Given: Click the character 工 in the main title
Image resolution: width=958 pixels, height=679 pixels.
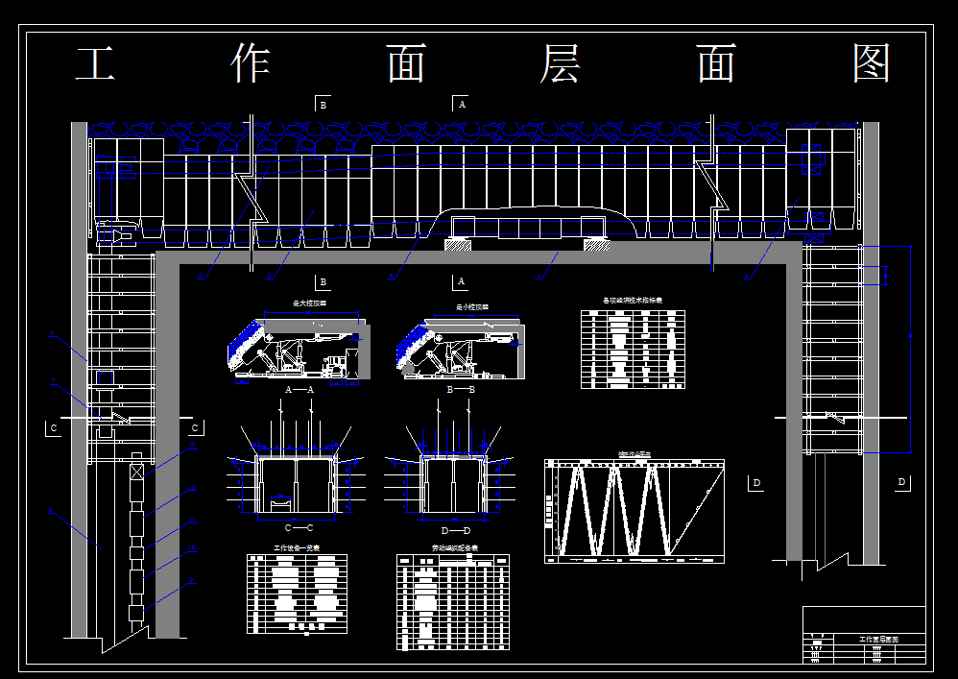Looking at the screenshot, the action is click(x=96, y=64).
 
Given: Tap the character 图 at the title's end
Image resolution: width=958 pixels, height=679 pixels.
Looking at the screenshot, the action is click(x=872, y=64).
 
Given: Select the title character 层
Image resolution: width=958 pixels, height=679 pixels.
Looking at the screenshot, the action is click(x=562, y=64).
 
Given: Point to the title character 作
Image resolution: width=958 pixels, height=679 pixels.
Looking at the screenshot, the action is click(x=251, y=64).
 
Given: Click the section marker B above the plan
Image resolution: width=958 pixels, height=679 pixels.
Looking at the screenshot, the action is click(x=324, y=105).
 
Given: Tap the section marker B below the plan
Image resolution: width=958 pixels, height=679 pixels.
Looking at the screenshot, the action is click(x=323, y=282).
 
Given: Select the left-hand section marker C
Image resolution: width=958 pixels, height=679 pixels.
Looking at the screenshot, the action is click(x=54, y=427).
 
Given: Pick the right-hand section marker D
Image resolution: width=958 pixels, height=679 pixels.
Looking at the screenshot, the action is click(x=901, y=482).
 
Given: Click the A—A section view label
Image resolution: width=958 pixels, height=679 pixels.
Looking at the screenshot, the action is click(x=299, y=390).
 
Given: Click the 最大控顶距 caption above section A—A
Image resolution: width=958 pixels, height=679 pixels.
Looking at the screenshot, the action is click(x=309, y=303).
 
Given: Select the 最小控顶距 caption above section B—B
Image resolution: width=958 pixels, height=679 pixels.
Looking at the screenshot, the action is click(x=471, y=308).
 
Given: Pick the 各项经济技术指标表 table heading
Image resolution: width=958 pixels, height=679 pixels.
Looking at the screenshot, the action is click(x=632, y=301).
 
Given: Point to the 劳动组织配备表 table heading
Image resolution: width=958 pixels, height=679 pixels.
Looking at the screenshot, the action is click(x=453, y=549).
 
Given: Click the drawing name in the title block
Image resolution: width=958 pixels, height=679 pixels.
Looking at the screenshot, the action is click(x=878, y=639).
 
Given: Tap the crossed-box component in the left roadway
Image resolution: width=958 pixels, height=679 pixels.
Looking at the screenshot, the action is click(x=136, y=472).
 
